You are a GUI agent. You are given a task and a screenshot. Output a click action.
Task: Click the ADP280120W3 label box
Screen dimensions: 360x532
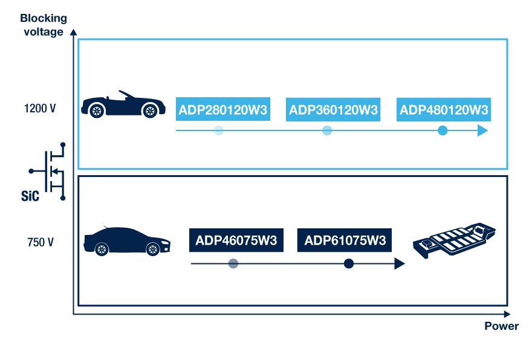(x=223, y=110)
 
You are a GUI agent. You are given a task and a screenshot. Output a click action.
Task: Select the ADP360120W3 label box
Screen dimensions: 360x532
(x=333, y=110)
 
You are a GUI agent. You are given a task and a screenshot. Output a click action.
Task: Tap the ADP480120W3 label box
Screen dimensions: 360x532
(x=444, y=110)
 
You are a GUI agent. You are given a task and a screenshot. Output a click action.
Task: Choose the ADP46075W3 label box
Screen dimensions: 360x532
(x=236, y=240)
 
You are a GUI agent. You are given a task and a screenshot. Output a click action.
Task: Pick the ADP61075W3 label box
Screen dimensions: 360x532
(x=345, y=240)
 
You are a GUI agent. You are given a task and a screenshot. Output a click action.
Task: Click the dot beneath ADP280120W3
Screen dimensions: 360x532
(x=219, y=130)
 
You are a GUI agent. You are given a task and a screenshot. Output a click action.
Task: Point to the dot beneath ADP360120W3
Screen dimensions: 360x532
(x=327, y=130)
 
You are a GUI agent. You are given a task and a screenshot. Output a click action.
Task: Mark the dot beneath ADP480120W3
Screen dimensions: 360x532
(x=443, y=130)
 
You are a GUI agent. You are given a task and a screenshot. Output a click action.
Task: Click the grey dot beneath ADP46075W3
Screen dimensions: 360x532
(x=233, y=264)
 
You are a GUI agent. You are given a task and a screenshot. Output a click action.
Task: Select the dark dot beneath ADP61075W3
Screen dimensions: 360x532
(x=348, y=264)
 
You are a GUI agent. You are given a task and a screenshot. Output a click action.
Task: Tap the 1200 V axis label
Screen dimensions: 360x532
(x=41, y=109)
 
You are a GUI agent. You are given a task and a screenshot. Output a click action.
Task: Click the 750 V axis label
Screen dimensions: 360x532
(x=41, y=243)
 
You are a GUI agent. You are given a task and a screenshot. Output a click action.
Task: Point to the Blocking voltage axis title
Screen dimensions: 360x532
(x=44, y=25)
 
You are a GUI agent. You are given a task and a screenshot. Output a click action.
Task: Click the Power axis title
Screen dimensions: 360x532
(x=501, y=326)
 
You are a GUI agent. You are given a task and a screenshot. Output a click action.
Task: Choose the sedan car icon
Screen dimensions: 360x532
(x=126, y=241)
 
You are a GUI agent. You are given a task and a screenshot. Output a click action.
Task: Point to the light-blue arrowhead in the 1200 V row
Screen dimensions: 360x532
(x=482, y=130)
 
